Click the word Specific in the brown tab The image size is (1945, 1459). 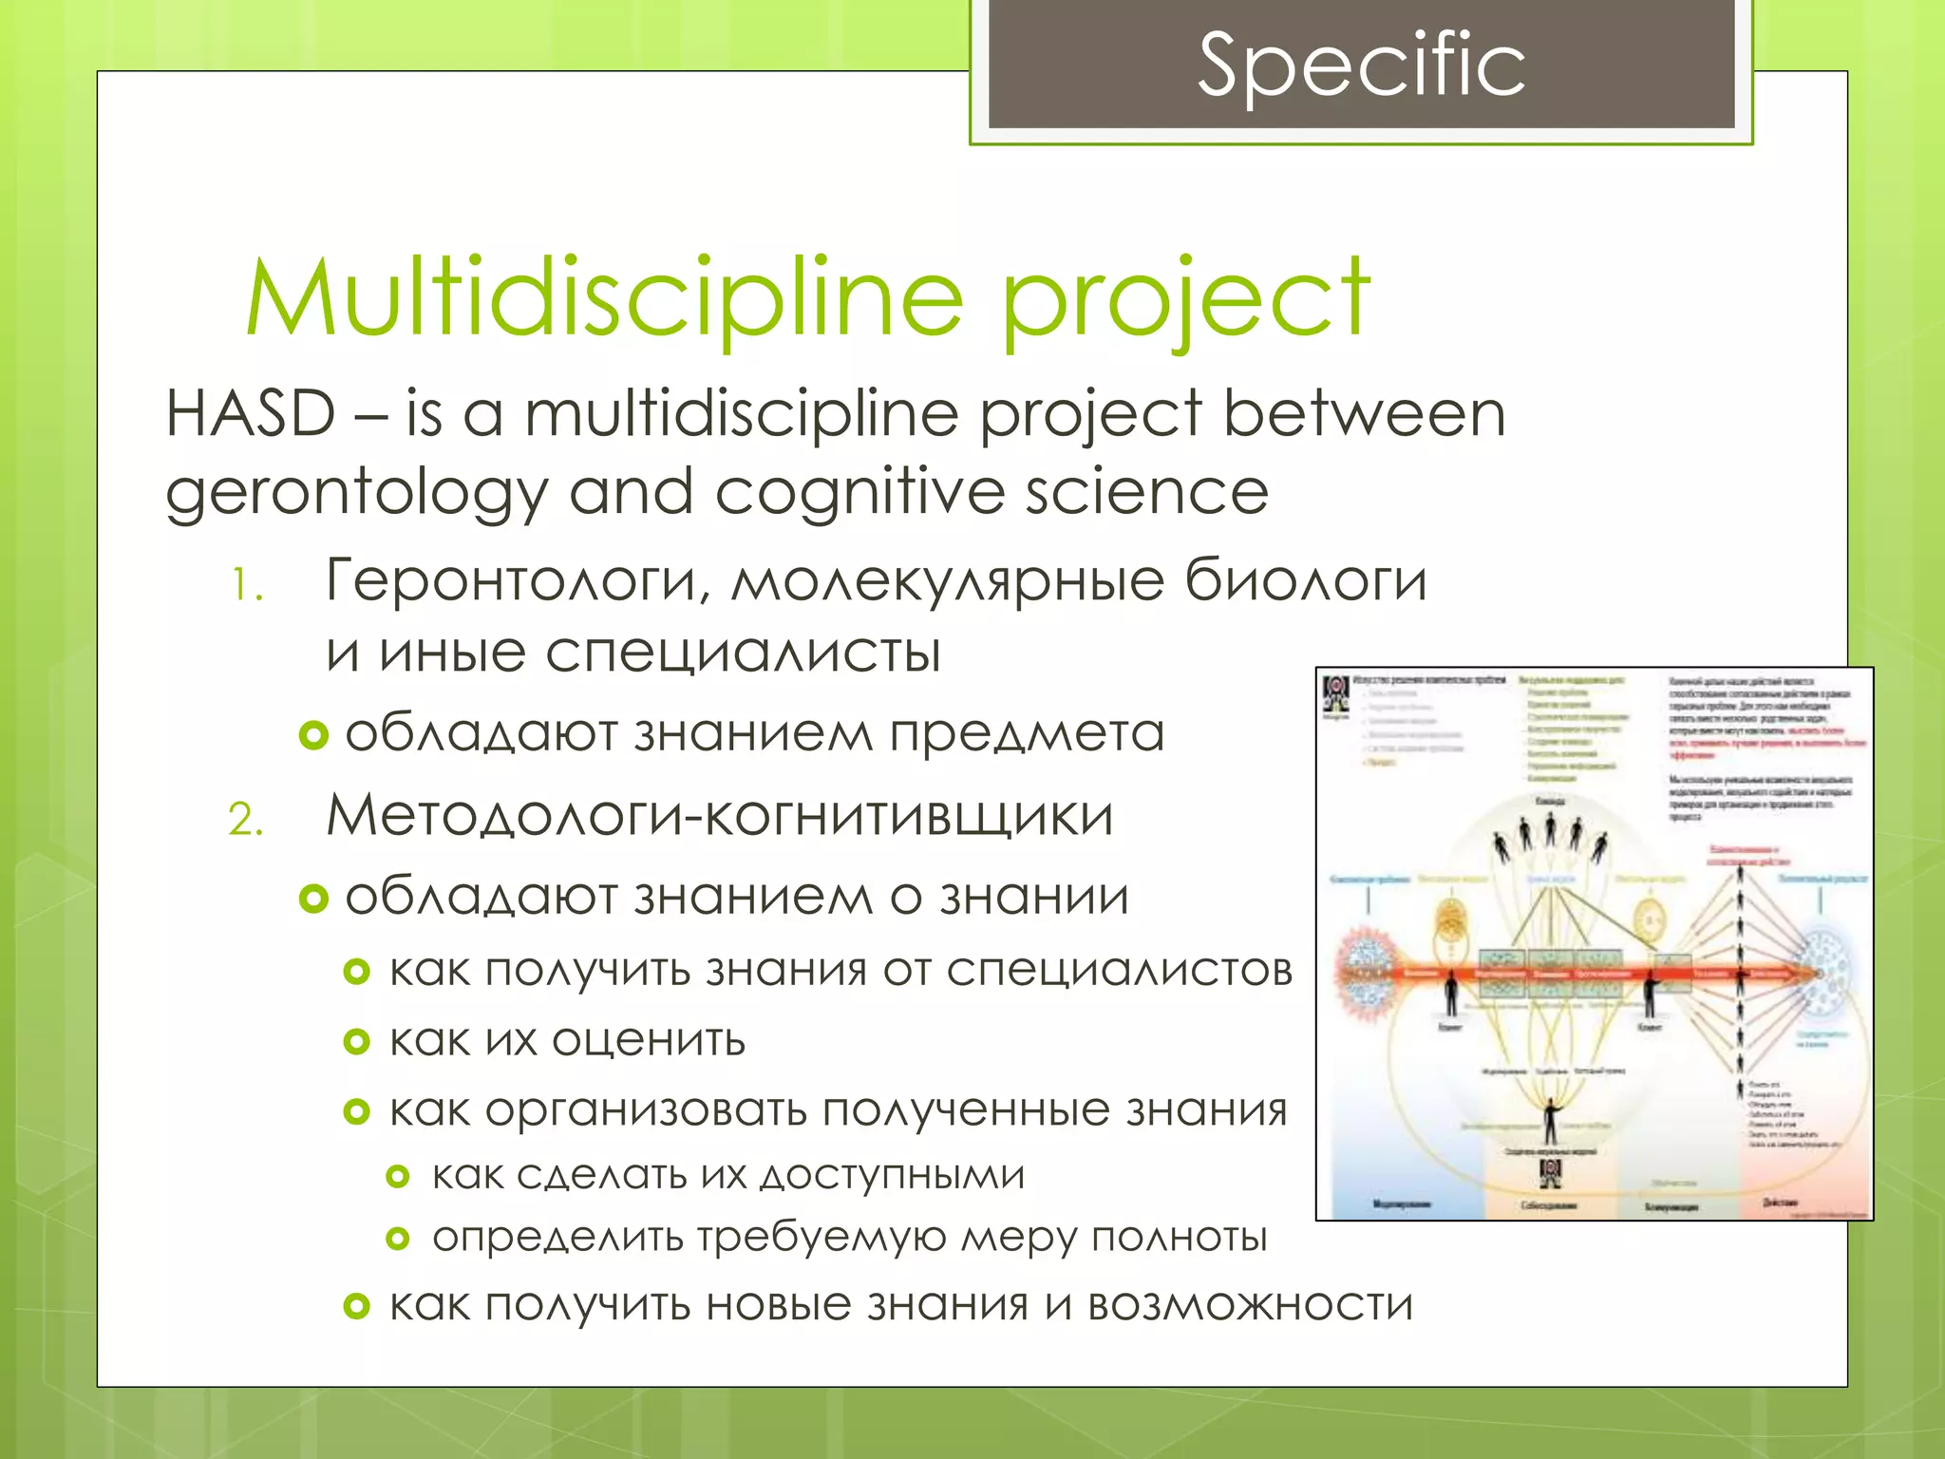tap(1361, 65)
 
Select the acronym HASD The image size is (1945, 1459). tap(251, 414)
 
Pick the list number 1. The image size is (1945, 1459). tap(247, 585)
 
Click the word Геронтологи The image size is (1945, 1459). tap(518, 580)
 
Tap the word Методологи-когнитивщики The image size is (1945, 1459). tap(719, 816)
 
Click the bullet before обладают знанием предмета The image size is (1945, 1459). tap(313, 734)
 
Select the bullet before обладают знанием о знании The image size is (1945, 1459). tap(313, 898)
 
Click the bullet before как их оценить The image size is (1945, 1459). tap(356, 1042)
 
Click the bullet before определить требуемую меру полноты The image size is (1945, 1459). tap(398, 1239)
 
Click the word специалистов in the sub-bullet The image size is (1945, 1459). tap(1119, 971)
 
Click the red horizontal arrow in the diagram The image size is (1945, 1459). tap(1577, 974)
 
